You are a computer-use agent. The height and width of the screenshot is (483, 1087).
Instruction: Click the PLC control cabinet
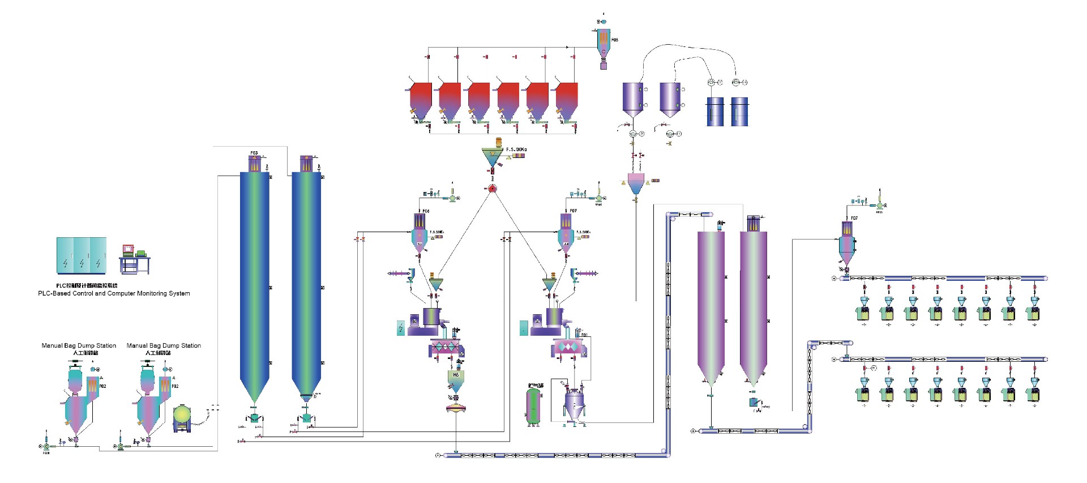point(82,255)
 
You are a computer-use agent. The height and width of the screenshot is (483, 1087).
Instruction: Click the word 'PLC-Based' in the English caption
point(53,293)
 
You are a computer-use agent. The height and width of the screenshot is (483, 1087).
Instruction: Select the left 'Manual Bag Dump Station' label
point(79,345)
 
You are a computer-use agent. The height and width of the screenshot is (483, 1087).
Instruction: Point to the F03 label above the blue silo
point(254,153)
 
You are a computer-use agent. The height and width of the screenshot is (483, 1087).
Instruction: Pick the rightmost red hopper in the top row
point(567,101)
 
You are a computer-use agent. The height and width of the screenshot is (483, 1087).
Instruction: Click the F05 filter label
point(615,40)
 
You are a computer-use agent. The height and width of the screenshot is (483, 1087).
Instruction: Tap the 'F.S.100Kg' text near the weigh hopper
point(516,149)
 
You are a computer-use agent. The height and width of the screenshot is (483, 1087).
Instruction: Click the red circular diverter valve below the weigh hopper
point(493,189)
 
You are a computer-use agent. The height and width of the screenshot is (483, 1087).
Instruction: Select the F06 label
point(426,211)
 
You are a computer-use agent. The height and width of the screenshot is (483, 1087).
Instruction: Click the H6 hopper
point(456,379)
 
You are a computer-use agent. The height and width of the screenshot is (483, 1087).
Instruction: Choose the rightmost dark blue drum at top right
point(739,111)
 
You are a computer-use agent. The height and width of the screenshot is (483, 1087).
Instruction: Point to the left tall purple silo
point(711,306)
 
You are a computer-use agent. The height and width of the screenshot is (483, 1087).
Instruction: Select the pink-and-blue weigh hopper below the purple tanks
point(636,184)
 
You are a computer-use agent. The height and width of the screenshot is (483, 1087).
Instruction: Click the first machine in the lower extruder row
point(864,392)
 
